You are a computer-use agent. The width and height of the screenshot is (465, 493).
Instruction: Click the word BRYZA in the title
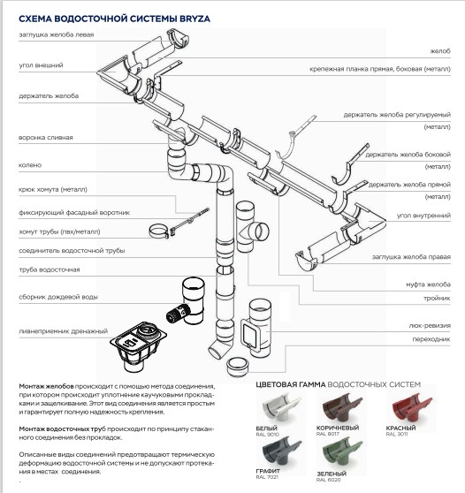point(194,19)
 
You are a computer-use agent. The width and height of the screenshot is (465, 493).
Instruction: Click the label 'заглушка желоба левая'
point(57,34)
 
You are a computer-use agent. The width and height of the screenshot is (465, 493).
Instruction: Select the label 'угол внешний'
point(41,65)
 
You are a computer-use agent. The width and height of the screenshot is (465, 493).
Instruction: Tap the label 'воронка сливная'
point(46,138)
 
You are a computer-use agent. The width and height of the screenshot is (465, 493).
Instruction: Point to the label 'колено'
point(30,165)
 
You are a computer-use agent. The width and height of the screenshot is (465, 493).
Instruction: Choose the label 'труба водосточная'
point(50,269)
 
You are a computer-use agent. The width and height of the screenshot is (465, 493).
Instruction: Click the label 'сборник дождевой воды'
point(58,297)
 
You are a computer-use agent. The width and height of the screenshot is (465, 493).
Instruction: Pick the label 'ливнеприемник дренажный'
point(64,331)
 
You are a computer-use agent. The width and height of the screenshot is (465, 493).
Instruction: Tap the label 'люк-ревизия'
point(430,326)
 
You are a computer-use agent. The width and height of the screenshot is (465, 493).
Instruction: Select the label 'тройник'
point(437,298)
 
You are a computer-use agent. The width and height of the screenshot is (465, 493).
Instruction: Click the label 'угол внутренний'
point(423,216)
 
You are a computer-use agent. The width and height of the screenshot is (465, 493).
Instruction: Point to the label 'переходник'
point(431,339)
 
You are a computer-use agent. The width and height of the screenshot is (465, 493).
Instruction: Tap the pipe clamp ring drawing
point(158,231)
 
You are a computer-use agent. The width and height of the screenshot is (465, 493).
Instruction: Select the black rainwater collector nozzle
point(178,314)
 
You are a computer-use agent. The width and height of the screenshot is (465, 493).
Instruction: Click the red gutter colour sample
point(412,408)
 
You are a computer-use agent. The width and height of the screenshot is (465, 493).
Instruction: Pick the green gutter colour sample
point(342,453)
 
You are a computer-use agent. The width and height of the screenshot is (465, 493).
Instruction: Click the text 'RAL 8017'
point(327,434)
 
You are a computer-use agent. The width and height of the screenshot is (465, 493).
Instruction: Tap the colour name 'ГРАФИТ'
point(268,471)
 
